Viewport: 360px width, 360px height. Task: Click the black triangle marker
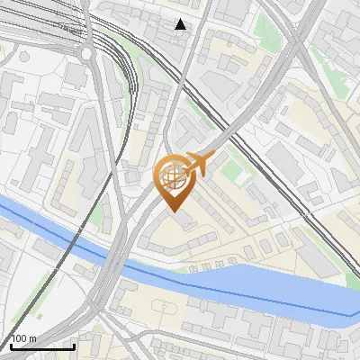point(181,24)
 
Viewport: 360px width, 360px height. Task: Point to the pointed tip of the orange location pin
point(174,211)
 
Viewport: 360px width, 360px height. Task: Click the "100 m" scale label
point(23,338)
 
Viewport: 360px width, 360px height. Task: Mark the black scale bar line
point(41,346)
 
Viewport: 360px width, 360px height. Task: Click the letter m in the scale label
point(32,338)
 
